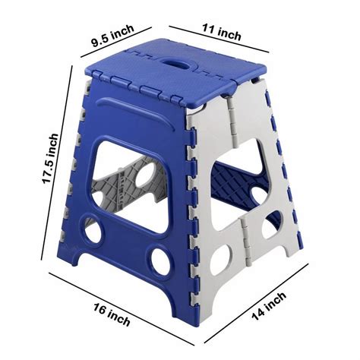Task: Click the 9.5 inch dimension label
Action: pos(113,36)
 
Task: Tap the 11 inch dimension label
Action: pos(221,32)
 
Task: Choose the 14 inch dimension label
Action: pos(269,306)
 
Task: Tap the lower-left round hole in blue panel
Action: pos(93,227)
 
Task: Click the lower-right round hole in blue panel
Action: pos(161,261)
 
